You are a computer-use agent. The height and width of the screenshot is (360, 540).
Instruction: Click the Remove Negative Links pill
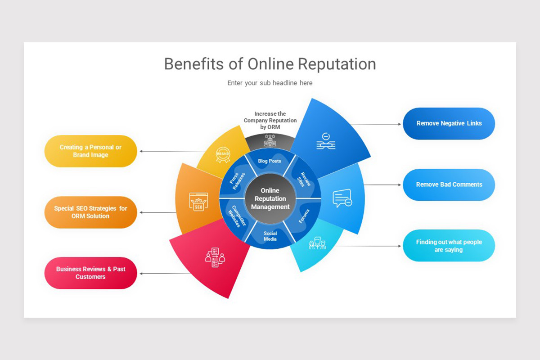point(449,123)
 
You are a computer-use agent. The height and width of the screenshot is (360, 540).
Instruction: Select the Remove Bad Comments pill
point(449,184)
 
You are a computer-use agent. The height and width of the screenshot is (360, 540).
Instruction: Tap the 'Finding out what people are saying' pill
point(449,246)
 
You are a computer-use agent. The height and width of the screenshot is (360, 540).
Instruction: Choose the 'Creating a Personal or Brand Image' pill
point(90,151)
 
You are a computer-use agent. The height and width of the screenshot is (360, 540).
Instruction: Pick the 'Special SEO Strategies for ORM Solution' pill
point(90,212)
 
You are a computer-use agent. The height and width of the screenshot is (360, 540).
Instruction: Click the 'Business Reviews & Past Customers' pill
point(90,273)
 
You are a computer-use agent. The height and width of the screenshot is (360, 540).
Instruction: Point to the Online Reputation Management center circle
point(270,198)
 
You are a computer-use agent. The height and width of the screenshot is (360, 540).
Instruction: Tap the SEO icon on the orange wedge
point(198,202)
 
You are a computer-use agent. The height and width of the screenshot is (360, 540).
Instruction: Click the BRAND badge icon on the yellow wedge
point(223,154)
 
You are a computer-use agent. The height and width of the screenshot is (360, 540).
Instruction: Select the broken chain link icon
point(325,141)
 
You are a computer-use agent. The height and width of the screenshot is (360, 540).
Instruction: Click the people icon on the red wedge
point(215,257)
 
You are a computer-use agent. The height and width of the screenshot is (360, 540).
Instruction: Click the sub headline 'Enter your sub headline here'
point(270,83)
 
